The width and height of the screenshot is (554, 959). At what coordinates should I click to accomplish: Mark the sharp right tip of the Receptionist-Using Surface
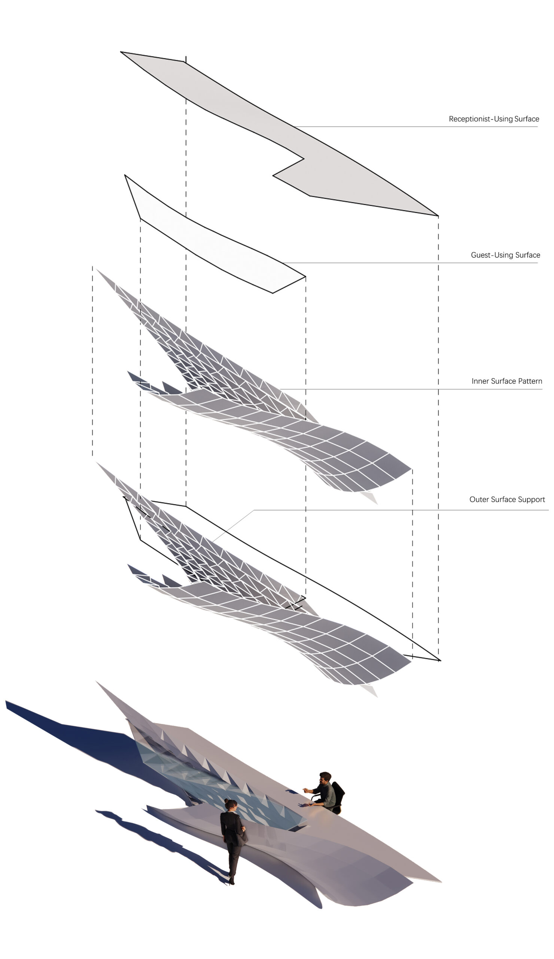[437, 216]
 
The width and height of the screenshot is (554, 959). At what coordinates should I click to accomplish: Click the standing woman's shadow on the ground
[160, 837]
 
